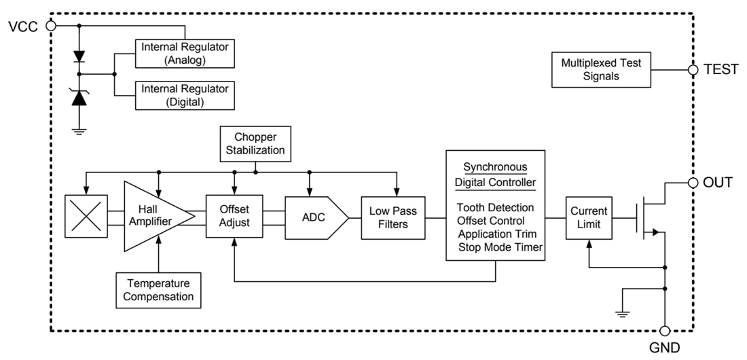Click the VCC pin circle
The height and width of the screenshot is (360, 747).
[50, 25]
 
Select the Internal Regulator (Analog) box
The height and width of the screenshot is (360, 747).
[185, 54]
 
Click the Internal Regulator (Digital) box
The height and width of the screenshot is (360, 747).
[185, 95]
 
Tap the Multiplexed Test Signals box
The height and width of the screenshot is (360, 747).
[601, 69]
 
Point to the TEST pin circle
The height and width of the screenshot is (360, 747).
[693, 69]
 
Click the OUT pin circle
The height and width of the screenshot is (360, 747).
[693, 183]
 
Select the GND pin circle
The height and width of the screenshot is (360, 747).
[665, 331]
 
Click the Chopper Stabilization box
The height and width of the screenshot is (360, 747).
[255, 143]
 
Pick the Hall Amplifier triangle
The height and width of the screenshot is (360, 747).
[153, 217]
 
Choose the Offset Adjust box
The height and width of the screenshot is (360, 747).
[234, 217]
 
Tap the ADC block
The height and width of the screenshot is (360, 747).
[314, 217]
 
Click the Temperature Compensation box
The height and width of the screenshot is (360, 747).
[158, 290]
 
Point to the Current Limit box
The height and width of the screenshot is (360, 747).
[589, 217]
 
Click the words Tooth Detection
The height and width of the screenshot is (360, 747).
[495, 207]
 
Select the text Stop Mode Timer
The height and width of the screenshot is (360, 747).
[499, 247]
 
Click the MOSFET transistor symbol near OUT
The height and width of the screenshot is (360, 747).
[649, 217]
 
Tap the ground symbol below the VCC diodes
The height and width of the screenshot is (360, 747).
[79, 131]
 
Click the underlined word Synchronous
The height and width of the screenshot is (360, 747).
[494, 167]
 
